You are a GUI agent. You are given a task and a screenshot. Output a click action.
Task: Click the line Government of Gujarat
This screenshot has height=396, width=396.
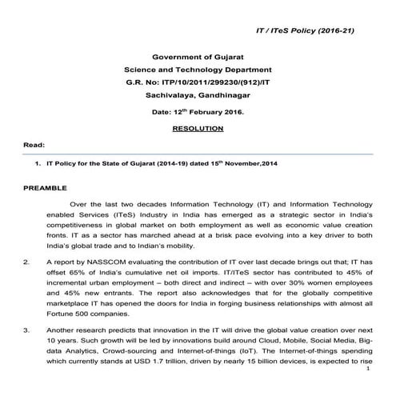pyautogui.click(x=197, y=57)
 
